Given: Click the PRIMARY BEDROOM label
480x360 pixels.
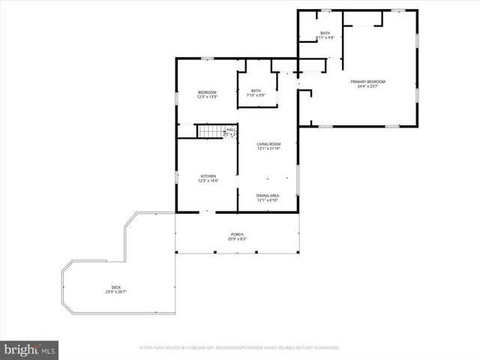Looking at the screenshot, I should (367, 81).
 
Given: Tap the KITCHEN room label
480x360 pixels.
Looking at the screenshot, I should (208, 176).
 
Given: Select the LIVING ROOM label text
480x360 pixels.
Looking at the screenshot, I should (268, 143).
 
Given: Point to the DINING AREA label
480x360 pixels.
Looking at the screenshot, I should (268, 195).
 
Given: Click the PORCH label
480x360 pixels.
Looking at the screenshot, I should (237, 234).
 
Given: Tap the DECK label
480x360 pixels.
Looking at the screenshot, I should (115, 287).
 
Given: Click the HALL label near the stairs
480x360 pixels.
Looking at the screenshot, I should (231, 130).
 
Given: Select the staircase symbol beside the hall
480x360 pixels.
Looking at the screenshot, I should (210, 132).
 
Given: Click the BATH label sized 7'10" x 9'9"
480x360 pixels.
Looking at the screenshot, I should (256, 91).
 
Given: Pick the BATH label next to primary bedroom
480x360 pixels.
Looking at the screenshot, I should (325, 33).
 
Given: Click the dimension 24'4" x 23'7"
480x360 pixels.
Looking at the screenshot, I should (367, 86).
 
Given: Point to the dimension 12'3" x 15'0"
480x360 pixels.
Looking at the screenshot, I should (208, 181).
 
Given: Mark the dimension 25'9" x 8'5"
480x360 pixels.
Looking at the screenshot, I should (237, 239).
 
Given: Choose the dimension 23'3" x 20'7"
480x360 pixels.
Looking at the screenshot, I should (115, 292).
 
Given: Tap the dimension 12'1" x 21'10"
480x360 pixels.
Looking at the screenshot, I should (268, 148).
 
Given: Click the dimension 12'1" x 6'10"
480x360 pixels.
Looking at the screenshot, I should (268, 200).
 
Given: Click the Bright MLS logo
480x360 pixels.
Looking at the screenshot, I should (30, 349).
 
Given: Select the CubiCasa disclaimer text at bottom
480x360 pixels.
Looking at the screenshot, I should (240, 348).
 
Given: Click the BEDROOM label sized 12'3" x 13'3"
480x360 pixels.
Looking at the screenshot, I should (207, 92).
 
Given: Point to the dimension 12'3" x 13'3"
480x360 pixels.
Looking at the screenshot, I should (207, 97).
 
